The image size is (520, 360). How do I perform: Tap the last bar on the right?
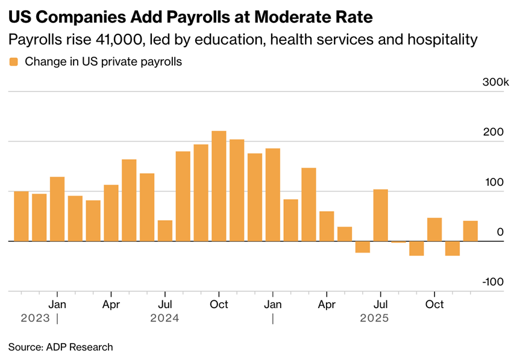tap(470, 231)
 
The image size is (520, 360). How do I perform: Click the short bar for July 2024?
tap(165, 230)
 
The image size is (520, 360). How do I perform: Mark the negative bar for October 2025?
tap(452, 248)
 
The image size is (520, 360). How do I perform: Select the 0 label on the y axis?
tap(500, 232)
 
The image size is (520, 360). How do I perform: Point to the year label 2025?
tap(374, 318)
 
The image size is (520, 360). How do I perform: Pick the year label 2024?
tap(164, 318)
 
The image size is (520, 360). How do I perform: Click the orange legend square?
tap(13, 62)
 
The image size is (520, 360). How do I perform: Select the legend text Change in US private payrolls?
tap(103, 62)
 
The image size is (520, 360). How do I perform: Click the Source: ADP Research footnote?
tap(60, 347)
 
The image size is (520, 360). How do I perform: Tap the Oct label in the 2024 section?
tap(219, 304)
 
